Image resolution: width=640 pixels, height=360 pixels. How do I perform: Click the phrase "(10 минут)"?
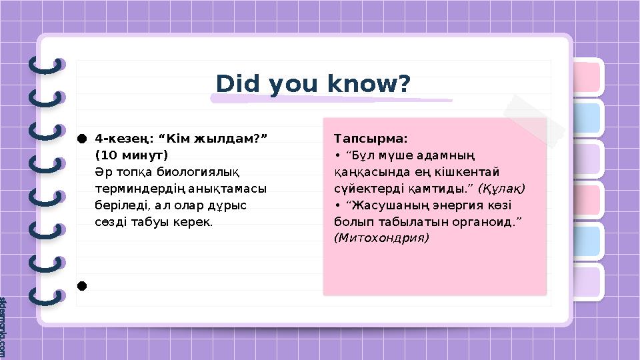(x=131, y=155)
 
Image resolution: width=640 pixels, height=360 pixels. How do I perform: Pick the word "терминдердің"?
(x=134, y=188)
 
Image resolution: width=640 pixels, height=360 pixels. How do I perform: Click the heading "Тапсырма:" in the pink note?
(x=370, y=139)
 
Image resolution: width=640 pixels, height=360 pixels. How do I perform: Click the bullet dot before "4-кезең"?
(x=81, y=139)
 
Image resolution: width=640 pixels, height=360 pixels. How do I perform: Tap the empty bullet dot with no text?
(x=81, y=286)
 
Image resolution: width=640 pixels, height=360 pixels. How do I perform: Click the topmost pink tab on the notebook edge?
(x=585, y=77)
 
